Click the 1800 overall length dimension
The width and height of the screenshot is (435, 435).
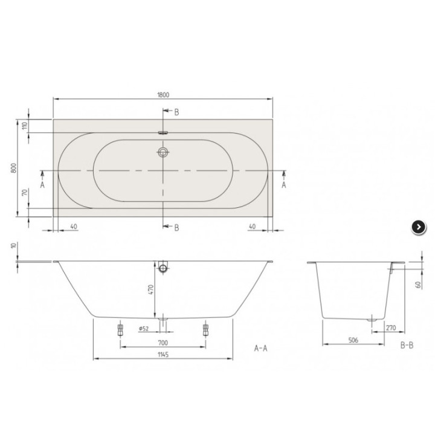[x=163, y=94]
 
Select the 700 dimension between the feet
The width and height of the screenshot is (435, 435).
[x=163, y=342]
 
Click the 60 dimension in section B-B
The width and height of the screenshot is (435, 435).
[x=418, y=284]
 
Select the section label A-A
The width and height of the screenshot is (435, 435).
[x=261, y=349]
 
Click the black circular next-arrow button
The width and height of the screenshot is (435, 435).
[x=418, y=227]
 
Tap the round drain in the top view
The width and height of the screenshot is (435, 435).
[x=163, y=153]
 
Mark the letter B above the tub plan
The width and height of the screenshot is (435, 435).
[x=176, y=112]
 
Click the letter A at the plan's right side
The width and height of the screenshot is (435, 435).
[x=284, y=185]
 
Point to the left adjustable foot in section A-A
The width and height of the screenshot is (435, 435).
[x=120, y=330]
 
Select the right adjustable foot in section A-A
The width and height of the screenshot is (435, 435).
[x=206, y=330]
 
